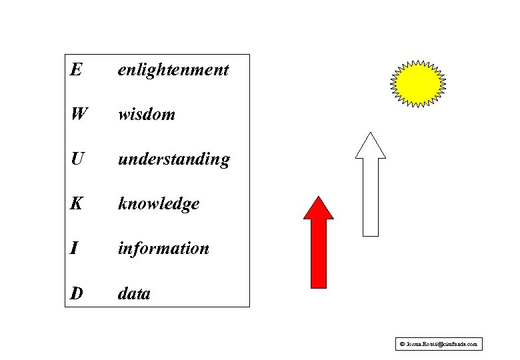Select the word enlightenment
[173, 70]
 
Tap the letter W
[78, 114]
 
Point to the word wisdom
[147, 114]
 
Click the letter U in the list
[77, 159]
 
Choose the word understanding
[174, 159]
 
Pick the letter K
[77, 203]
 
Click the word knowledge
[159, 204]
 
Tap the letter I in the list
[74, 248]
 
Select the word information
[163, 248]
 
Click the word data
[134, 293]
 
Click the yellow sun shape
[417, 83]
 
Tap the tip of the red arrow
[319, 198]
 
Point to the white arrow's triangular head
[371, 147]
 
